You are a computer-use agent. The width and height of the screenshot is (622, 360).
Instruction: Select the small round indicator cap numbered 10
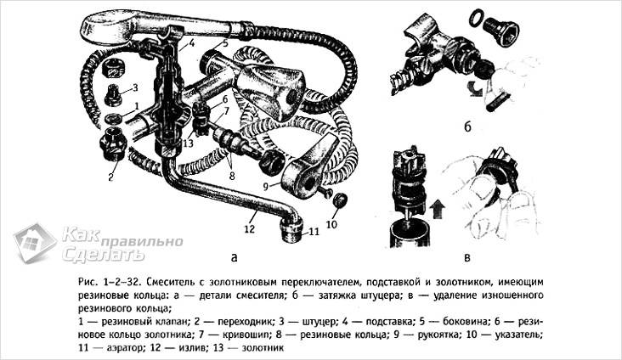(x=340, y=201)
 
